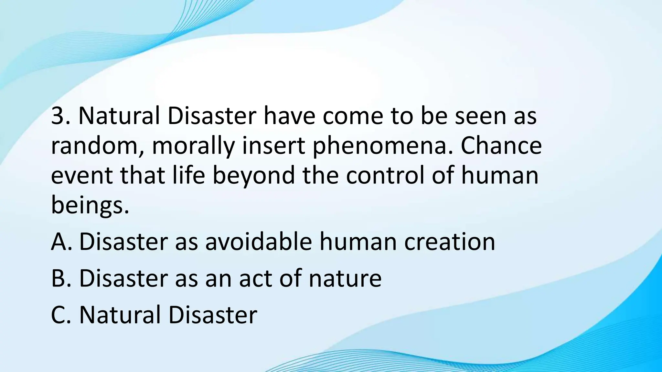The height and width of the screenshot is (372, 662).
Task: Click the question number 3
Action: (x=58, y=116)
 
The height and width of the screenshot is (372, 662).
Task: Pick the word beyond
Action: (x=253, y=176)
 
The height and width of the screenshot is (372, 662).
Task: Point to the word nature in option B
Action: (x=345, y=279)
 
